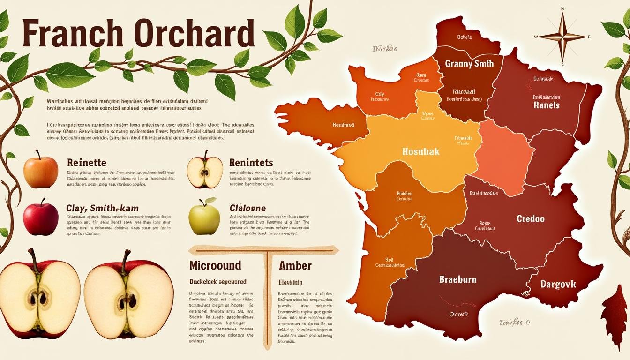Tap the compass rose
pos(562,37)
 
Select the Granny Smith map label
pos(469,64)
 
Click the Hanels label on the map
pos(547,105)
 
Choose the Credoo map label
pos(531,218)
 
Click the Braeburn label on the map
pos(457,279)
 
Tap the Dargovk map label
pos(558,284)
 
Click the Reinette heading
pos(87,163)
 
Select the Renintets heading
pos(251,163)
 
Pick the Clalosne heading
pos(247,208)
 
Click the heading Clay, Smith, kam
pos(103,208)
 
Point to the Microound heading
pos(215,265)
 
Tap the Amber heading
pos(295,265)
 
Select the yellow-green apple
pos(204,217)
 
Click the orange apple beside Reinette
pos(41,172)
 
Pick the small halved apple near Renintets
pos(205,172)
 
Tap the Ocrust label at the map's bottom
pos(458,314)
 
